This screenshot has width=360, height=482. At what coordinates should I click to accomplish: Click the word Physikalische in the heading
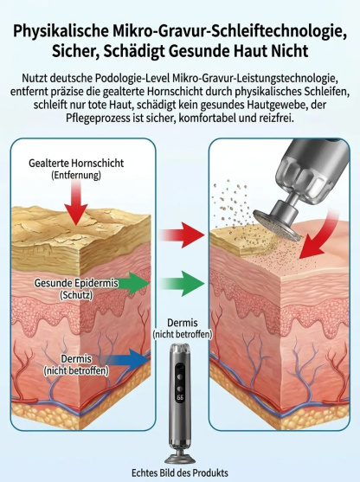pos(61,32)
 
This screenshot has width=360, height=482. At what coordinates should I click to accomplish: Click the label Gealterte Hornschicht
pos(76,163)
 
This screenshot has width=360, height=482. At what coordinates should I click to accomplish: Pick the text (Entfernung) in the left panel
pos(76,175)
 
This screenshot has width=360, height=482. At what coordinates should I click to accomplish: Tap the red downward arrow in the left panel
pos(76,203)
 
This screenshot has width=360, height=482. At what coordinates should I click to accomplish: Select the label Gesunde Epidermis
pos(76,283)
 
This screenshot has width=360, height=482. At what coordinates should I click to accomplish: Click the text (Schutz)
pos(76,295)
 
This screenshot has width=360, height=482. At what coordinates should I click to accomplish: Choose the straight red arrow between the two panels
pos(183,235)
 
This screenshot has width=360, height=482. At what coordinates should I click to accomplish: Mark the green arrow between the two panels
pos(183,284)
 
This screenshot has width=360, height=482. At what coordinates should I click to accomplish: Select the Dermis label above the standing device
pos(183,323)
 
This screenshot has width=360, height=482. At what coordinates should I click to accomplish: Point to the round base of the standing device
pos(180,460)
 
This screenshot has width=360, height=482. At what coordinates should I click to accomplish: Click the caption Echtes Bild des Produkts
pos(180,472)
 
